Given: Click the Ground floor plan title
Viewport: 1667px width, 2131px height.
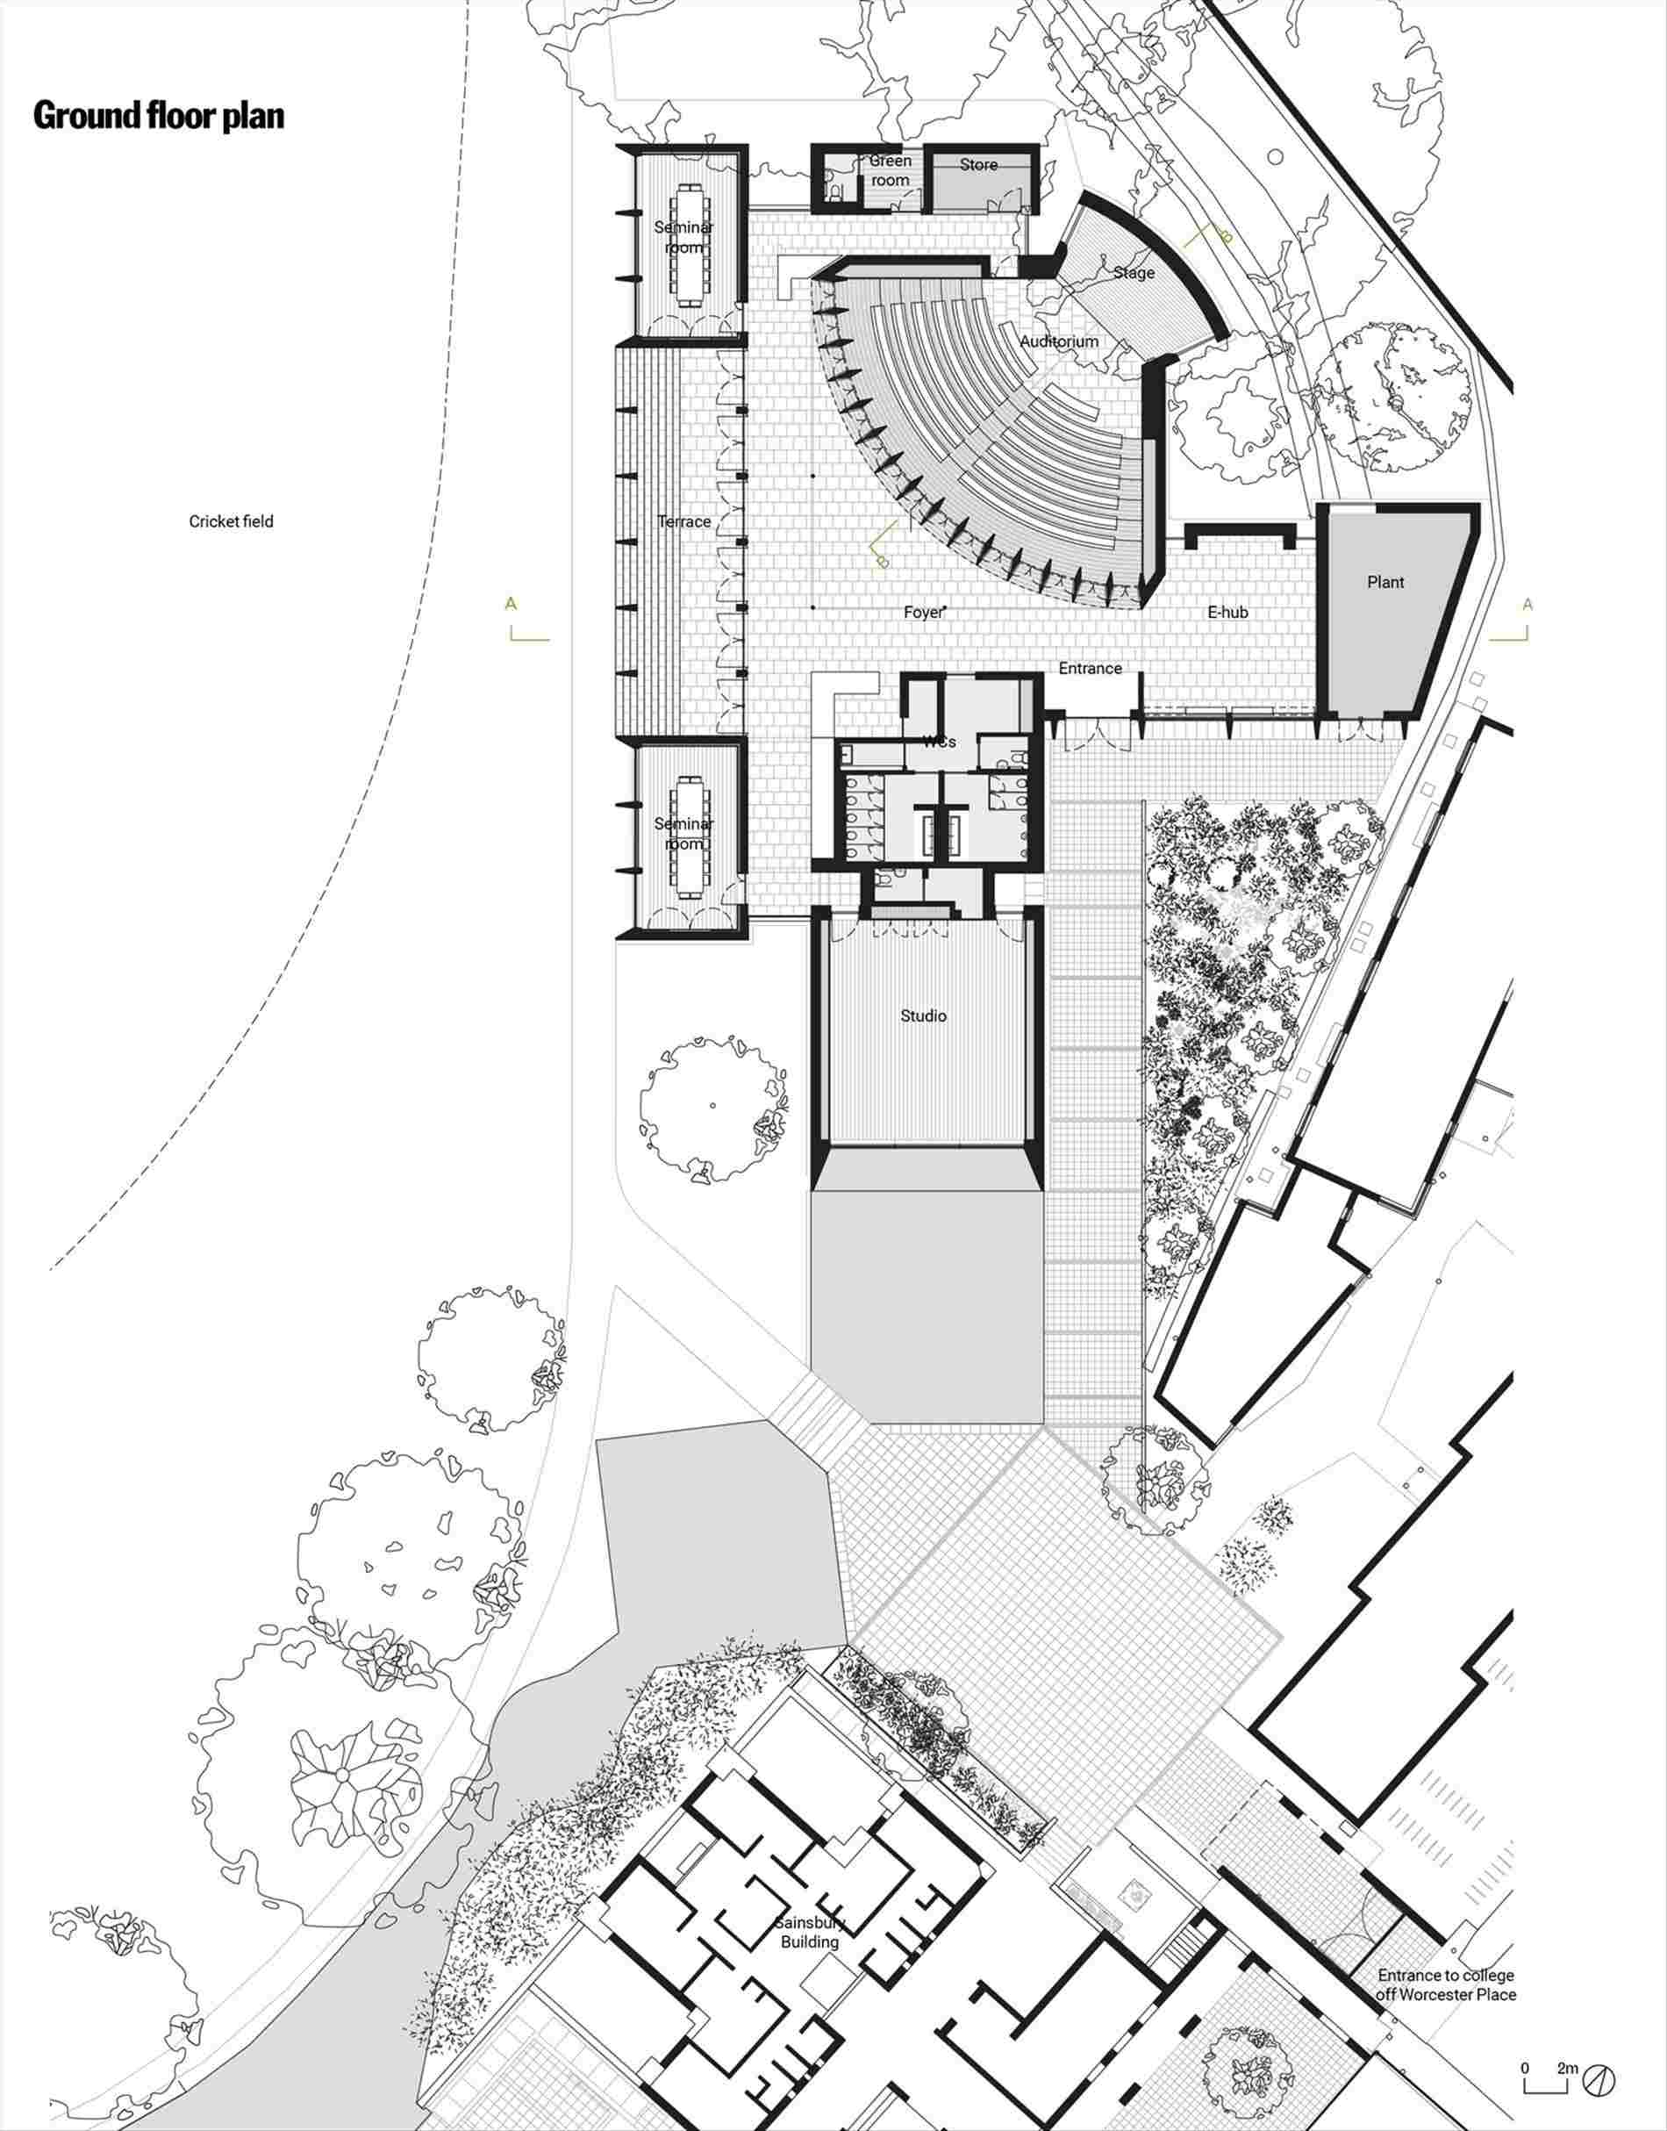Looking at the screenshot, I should (x=159, y=115).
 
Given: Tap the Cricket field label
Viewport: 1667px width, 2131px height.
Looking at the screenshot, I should (x=232, y=521).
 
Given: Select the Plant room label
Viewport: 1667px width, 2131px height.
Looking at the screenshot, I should (x=1385, y=582).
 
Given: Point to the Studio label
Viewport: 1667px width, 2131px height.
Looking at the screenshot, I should (x=923, y=1016).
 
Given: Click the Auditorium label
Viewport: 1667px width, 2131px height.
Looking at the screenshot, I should (x=1059, y=341).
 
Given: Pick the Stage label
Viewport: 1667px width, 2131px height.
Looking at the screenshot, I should (x=1134, y=272).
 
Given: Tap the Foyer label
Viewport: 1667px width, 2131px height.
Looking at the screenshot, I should (x=923, y=612).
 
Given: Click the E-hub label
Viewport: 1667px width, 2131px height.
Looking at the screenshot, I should (x=1227, y=612).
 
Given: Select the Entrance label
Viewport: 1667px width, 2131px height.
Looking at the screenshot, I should (x=1091, y=669).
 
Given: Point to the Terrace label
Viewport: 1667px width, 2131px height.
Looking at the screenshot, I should (x=683, y=521).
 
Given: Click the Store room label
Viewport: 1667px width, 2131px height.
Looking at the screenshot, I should (x=978, y=165).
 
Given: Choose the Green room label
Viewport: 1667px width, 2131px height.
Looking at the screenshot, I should (x=891, y=170).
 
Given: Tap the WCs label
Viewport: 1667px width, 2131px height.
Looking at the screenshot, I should (x=939, y=742).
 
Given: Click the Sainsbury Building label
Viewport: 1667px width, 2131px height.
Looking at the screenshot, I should (x=809, y=1932).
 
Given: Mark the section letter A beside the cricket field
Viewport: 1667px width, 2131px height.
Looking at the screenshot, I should (x=511, y=604).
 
